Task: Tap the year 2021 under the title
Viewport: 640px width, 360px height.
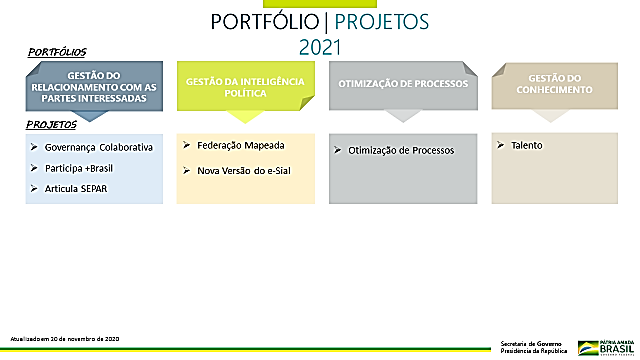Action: pos(319,46)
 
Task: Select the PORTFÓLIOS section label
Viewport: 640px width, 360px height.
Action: pos(57,51)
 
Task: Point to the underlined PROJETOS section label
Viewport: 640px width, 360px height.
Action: pos(52,124)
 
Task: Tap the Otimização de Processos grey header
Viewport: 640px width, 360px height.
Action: pos(403,84)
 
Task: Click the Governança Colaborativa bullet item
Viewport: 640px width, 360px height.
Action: pos(99,147)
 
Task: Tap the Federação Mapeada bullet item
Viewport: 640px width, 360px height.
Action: pos(234,145)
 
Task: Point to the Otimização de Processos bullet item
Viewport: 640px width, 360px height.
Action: pos(401,150)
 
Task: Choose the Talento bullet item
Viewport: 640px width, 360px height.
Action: pos(527,145)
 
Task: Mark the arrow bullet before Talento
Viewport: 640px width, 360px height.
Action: pos(501,145)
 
